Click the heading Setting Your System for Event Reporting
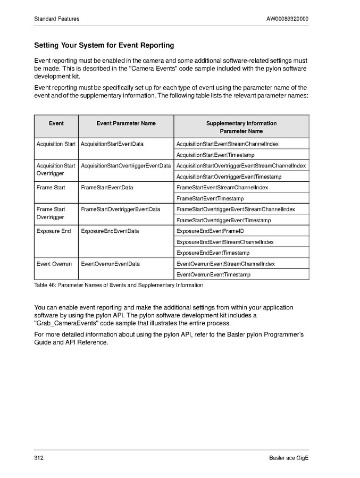(x=104, y=46)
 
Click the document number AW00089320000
(x=287, y=19)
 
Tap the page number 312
(x=39, y=458)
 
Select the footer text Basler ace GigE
(x=289, y=458)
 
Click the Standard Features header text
(x=56, y=19)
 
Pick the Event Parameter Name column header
(x=126, y=123)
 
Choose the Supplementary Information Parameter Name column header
(x=241, y=127)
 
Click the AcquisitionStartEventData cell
(x=112, y=144)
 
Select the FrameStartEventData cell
(x=107, y=188)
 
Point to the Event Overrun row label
(x=54, y=264)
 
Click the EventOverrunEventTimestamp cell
(x=221, y=275)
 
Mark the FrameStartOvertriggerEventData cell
(x=120, y=209)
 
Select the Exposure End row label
(x=54, y=231)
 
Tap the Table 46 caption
(x=118, y=286)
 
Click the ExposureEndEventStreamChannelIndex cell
(x=225, y=242)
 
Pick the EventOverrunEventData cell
(x=110, y=264)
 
